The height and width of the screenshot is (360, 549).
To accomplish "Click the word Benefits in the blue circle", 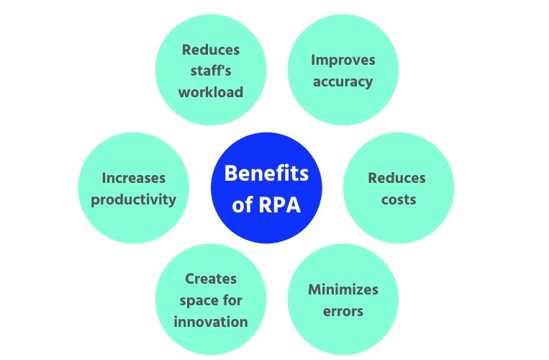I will [x=266, y=174].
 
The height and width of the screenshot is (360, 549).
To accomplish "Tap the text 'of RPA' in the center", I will [x=266, y=204].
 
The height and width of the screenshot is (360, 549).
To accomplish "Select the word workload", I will [x=211, y=92].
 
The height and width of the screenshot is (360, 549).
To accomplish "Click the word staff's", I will [x=211, y=71].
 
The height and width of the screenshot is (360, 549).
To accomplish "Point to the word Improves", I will [x=343, y=60].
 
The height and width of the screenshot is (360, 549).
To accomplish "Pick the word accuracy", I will [x=343, y=81].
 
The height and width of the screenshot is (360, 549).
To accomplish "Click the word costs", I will [x=398, y=199].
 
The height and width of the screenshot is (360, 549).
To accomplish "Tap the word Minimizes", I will [x=343, y=290].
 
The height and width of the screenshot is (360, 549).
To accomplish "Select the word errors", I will [x=343, y=311].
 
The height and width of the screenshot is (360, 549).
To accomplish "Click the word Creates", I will [x=211, y=279].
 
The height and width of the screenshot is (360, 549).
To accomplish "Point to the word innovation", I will [x=211, y=321].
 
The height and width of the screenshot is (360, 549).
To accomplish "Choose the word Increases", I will [x=133, y=178].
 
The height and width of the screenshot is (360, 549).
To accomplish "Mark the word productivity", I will [x=133, y=199].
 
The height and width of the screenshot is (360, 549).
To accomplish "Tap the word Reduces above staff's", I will [x=211, y=50].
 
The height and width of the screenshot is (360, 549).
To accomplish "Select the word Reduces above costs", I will [x=398, y=178].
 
